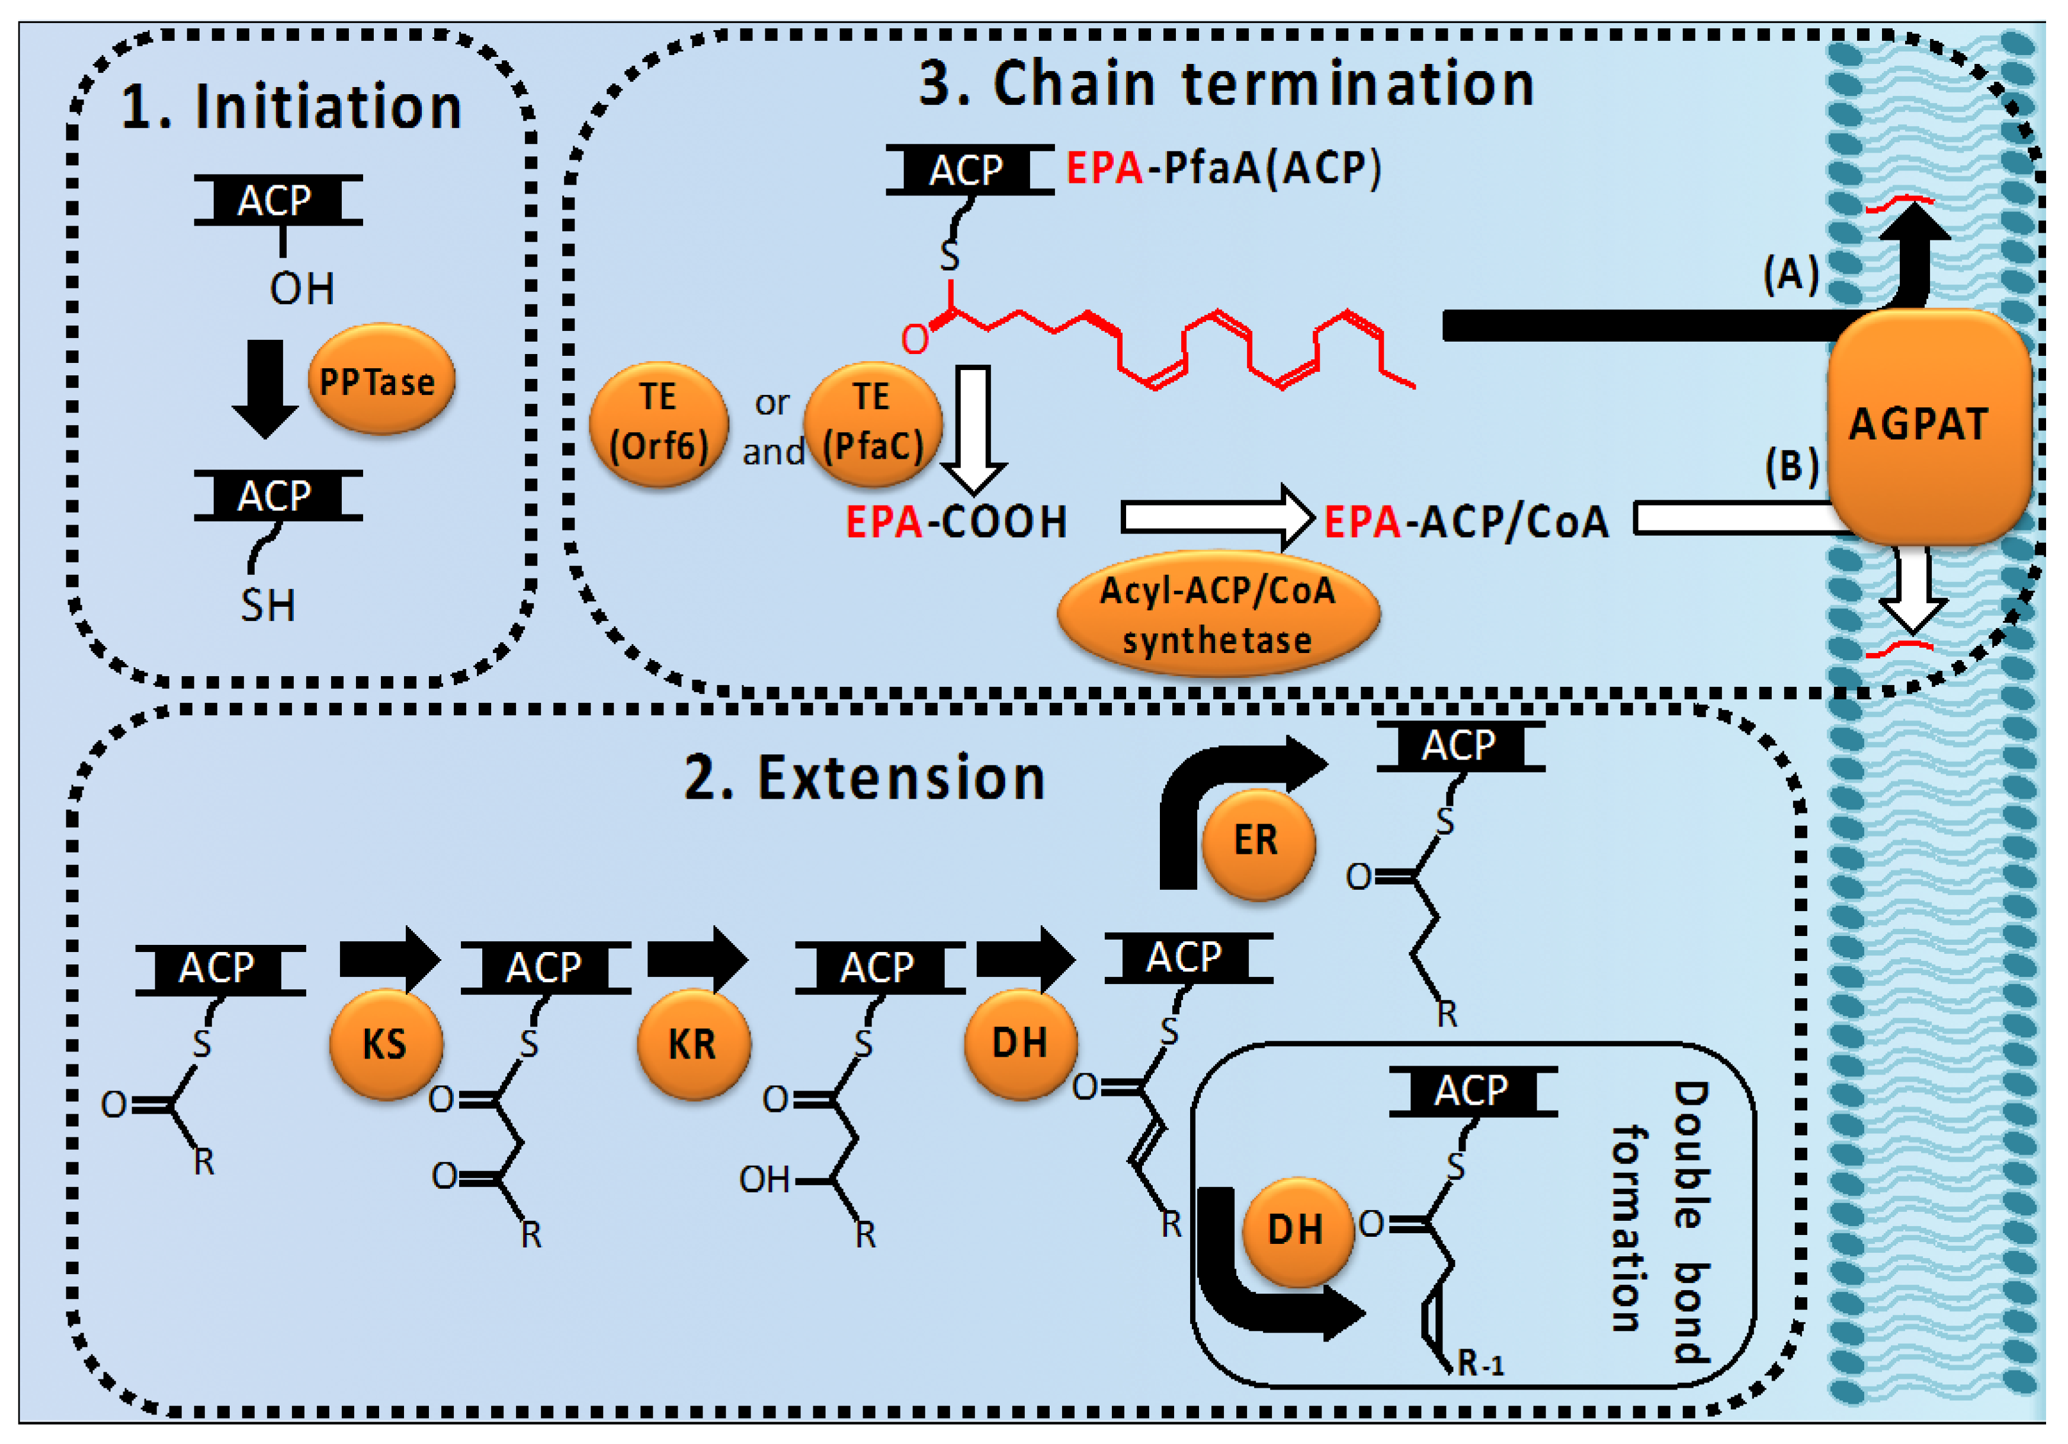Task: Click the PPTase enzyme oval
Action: (x=381, y=379)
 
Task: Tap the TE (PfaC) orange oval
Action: (x=873, y=424)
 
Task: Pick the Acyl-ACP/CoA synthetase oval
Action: (x=1218, y=614)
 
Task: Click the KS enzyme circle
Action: (x=386, y=1044)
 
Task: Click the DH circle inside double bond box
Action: (x=1298, y=1231)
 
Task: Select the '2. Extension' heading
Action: (x=865, y=778)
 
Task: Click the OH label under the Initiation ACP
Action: (x=302, y=289)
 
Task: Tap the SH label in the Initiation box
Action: (x=268, y=605)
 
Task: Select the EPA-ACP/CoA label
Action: (x=1466, y=521)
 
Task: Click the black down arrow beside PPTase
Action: (x=265, y=389)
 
